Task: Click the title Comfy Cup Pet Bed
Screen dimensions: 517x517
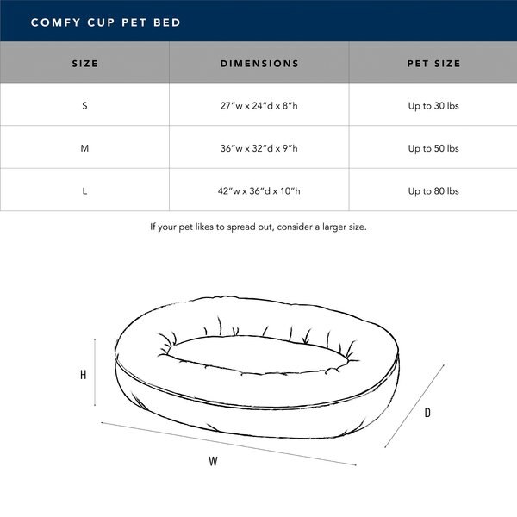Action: tap(105, 22)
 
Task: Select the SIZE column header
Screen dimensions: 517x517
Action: tap(84, 63)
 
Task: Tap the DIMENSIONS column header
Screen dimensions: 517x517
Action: tap(259, 63)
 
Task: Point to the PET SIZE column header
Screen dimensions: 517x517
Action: tap(433, 63)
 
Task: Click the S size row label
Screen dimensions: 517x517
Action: tap(84, 105)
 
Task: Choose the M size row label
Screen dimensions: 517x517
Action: tap(84, 148)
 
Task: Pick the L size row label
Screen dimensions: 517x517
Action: tap(84, 191)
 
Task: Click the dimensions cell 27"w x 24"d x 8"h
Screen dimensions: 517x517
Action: tap(259, 105)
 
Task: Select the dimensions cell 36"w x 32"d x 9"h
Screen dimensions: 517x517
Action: tap(259, 148)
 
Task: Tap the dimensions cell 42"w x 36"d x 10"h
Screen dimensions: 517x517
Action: tap(259, 191)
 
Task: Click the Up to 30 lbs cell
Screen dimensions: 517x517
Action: tap(433, 105)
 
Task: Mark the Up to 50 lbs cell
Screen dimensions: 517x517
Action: tap(433, 148)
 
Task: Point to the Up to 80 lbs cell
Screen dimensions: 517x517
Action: tap(433, 191)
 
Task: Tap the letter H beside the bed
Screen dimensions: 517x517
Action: tap(83, 375)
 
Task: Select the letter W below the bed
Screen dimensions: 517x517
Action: tap(214, 461)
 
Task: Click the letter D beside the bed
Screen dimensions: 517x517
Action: tap(427, 413)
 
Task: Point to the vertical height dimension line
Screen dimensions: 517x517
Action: tap(95, 372)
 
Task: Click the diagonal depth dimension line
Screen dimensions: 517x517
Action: tap(414, 406)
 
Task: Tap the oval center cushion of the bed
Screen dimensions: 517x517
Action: tap(257, 355)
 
